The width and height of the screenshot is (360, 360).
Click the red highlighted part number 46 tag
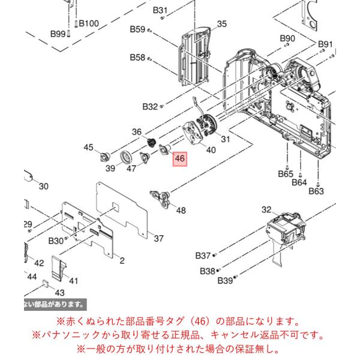(180, 158)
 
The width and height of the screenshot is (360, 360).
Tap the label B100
(89, 23)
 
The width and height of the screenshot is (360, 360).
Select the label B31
(160, 10)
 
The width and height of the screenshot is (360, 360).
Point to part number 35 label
(222, 24)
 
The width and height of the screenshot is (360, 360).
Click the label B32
(150, 107)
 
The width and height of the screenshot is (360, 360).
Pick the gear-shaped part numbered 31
(208, 126)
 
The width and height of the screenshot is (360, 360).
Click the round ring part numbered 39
(125, 157)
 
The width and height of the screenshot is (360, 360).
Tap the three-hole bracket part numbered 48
(160, 199)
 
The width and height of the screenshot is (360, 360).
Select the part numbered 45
(105, 157)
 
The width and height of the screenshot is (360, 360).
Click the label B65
(286, 174)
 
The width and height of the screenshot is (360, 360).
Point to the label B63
(316, 191)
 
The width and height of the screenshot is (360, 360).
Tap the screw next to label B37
(215, 254)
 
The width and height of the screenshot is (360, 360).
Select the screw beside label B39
(235, 278)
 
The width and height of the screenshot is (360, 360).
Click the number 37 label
(158, 239)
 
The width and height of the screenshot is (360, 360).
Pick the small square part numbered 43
(46, 284)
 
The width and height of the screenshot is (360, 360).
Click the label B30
(56, 241)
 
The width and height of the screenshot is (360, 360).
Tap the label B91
(325, 44)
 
